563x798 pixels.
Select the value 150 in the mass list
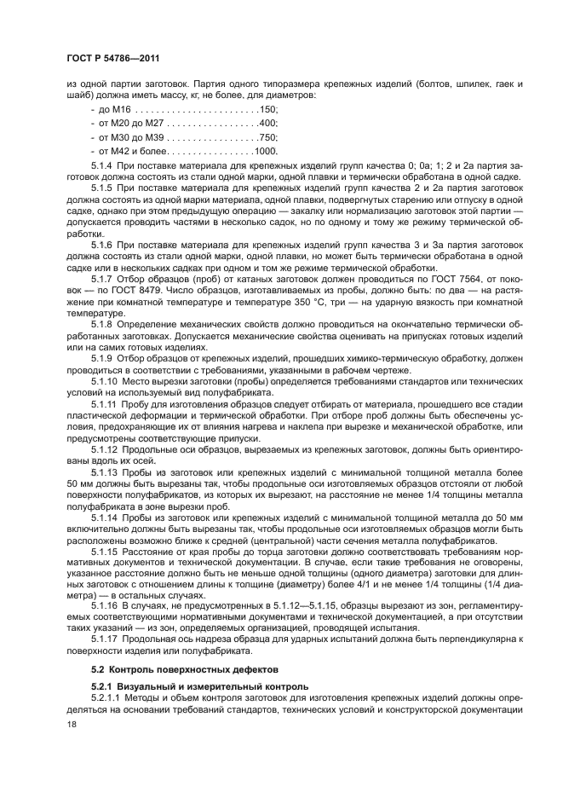267,110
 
